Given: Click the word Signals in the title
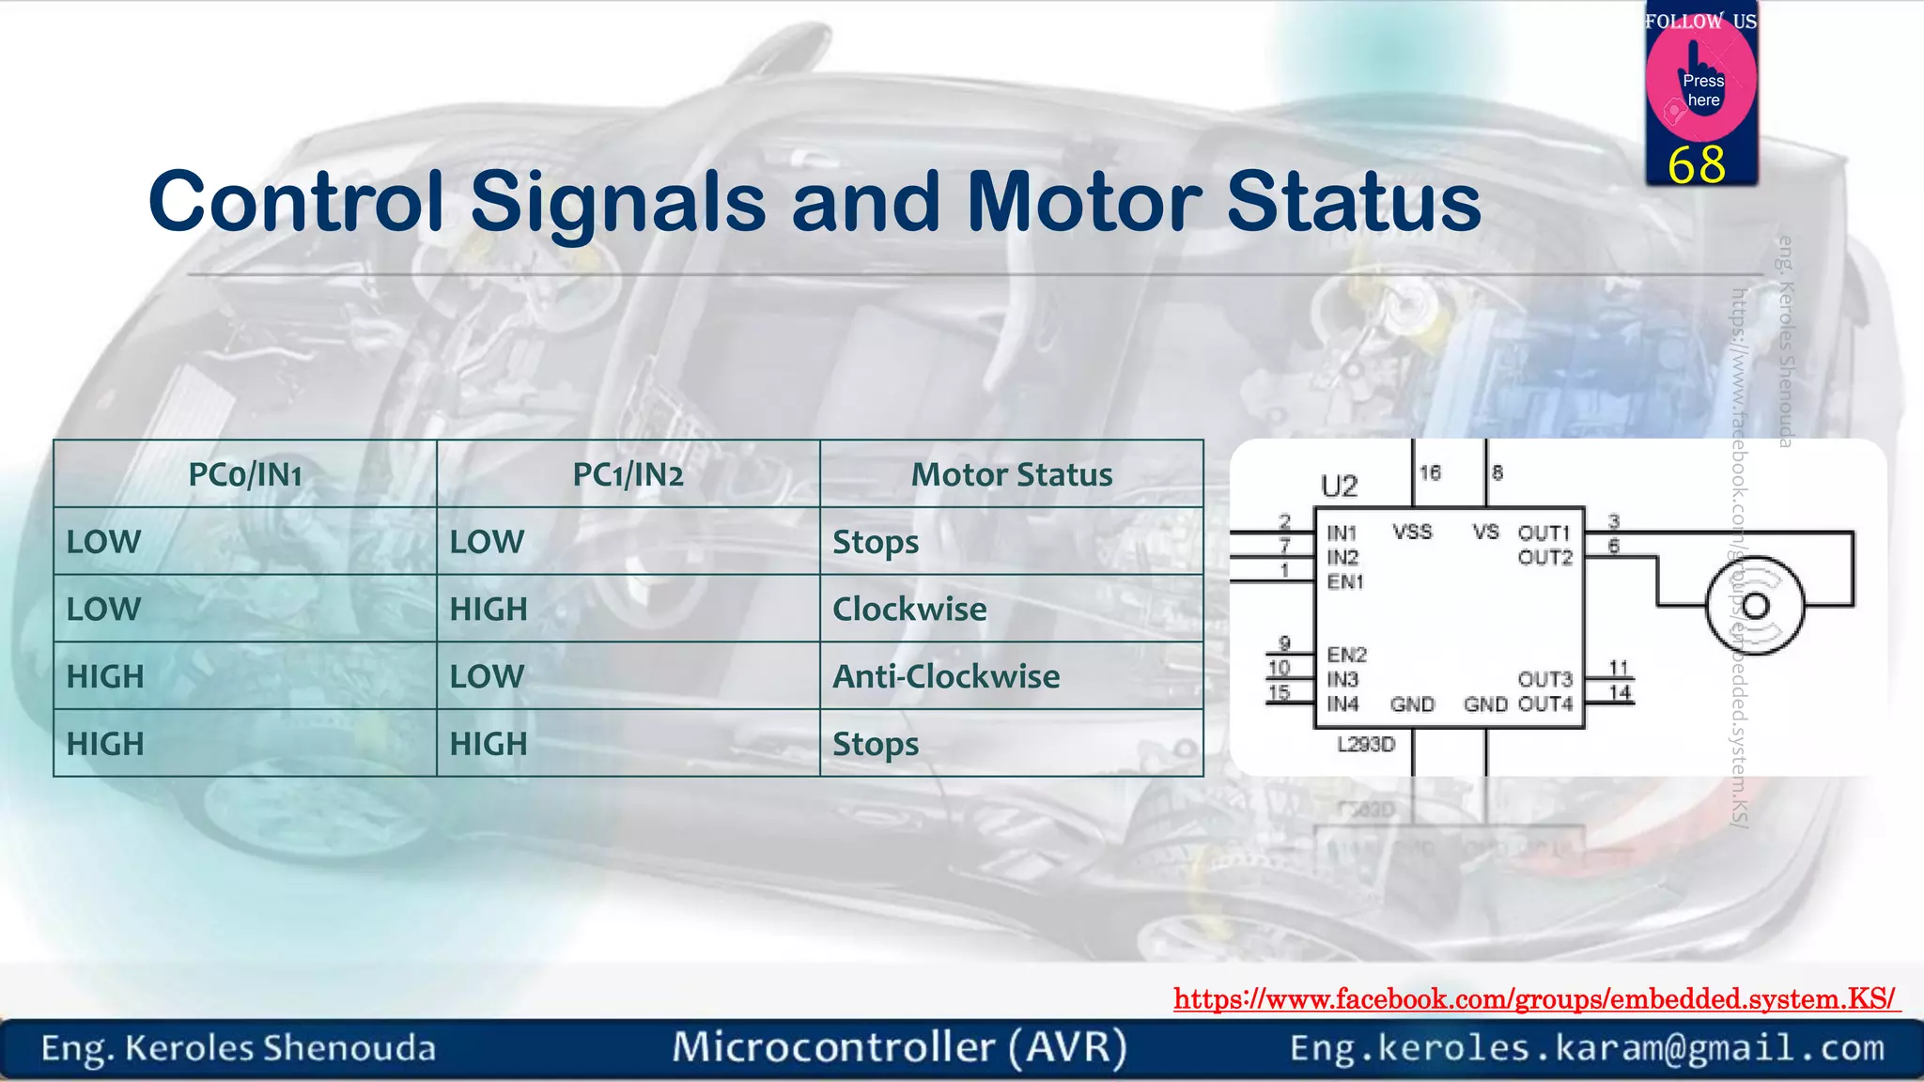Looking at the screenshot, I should click(x=618, y=203).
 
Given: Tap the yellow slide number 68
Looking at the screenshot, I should click(x=1697, y=165).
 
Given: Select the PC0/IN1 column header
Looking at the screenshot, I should click(x=245, y=475).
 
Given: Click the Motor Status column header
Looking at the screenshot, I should click(x=1012, y=475).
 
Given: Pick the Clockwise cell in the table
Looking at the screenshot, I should click(x=909, y=610).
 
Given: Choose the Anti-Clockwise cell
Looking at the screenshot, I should click(x=946, y=676).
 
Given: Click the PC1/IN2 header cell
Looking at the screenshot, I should click(x=628, y=475).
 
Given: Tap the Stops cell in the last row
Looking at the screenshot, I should click(x=876, y=744).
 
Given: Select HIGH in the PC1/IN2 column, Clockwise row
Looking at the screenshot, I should click(x=489, y=610).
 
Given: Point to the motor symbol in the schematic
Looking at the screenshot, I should click(x=1755, y=605).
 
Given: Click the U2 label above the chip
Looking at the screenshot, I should click(x=1339, y=487).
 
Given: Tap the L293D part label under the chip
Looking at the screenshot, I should click(x=1366, y=745).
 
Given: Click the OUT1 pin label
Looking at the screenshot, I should click(x=1544, y=533).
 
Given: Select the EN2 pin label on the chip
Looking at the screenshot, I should click(x=1346, y=655).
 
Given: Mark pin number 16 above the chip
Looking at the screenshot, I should click(x=1430, y=473).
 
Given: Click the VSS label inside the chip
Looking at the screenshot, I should click(x=1412, y=533).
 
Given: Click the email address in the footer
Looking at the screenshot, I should click(x=1587, y=1048).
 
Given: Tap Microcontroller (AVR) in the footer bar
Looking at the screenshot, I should click(x=899, y=1048).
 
